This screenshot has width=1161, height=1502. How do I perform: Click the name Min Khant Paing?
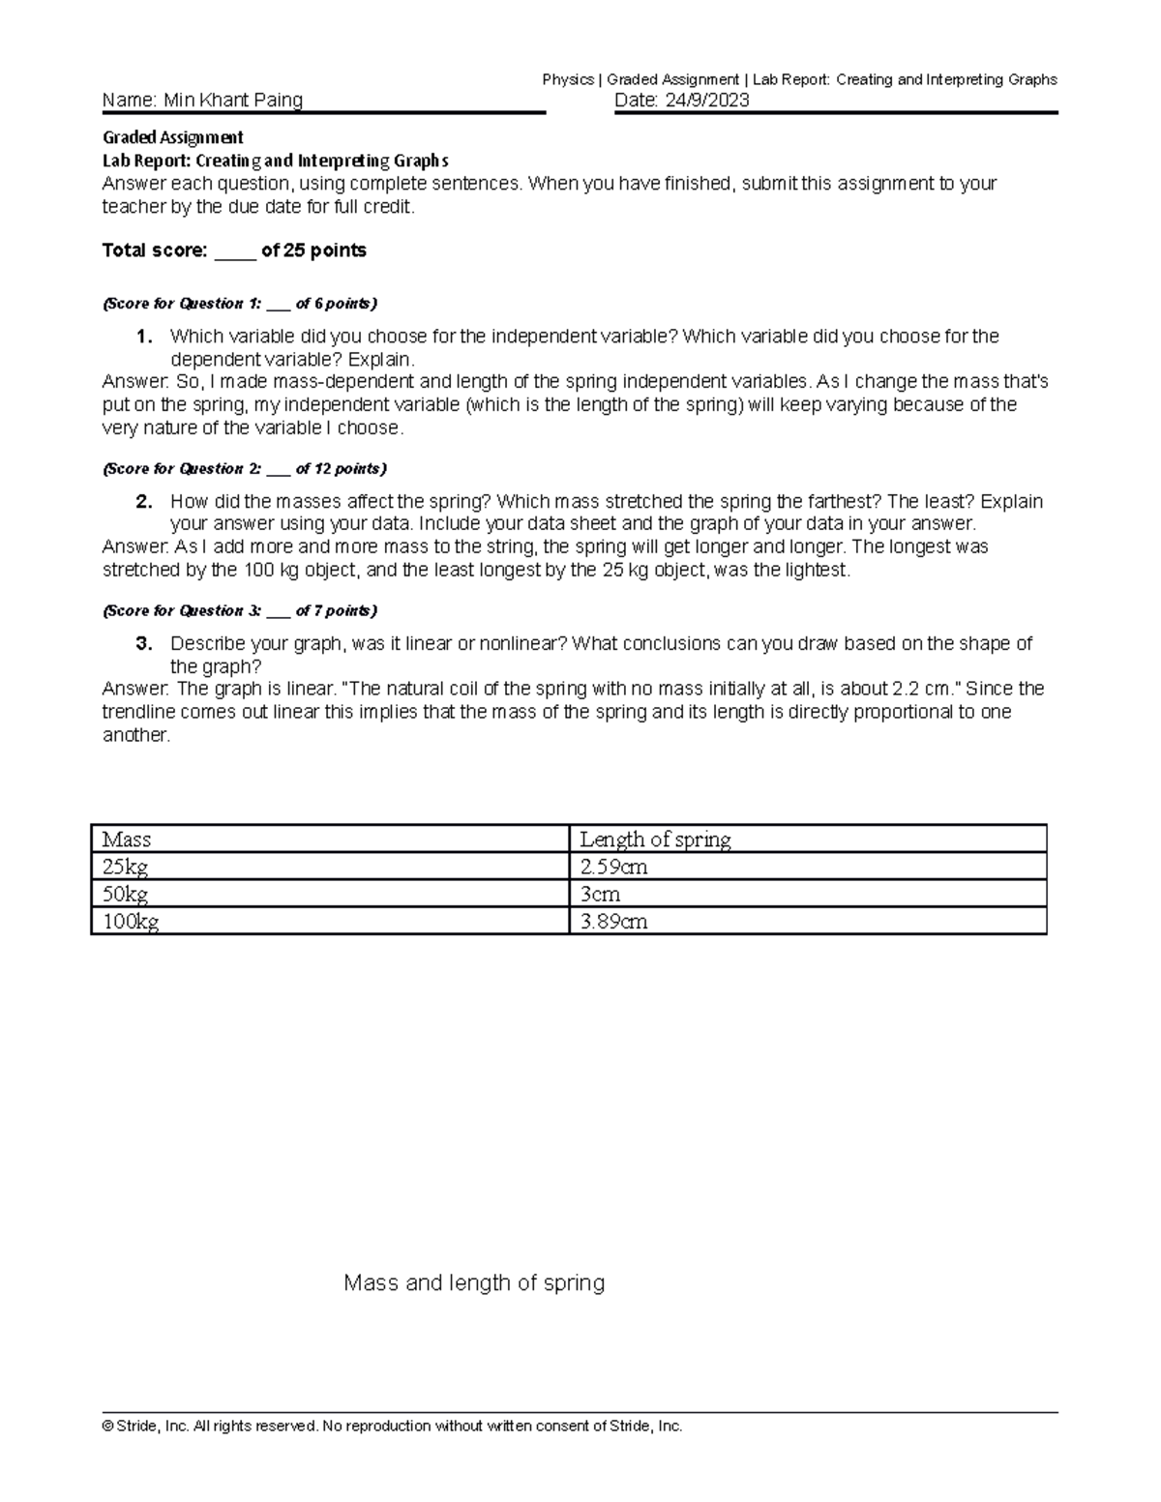tap(233, 101)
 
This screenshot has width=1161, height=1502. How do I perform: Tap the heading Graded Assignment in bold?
tap(172, 137)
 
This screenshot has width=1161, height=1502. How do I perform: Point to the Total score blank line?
tap(235, 251)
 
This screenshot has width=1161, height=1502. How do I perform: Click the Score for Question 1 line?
tap(240, 304)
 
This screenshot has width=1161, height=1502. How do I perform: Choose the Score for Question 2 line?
tap(244, 469)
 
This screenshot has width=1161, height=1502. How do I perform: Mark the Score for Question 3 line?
tap(240, 611)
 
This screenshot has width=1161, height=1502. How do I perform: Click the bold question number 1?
tap(144, 337)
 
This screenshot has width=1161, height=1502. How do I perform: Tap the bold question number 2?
tap(144, 502)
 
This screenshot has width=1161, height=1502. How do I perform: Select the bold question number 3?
tap(144, 644)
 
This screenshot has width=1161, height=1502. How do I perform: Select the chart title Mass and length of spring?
tap(474, 1283)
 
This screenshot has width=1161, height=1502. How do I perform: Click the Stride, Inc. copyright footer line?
tap(393, 1427)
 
